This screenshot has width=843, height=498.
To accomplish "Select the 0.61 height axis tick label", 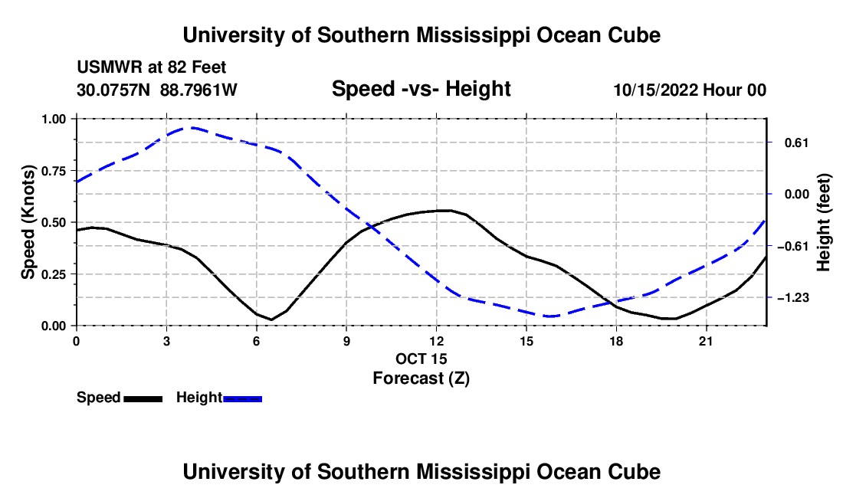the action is pyautogui.click(x=797, y=143).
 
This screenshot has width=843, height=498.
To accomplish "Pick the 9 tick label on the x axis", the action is pyautogui.click(x=346, y=341).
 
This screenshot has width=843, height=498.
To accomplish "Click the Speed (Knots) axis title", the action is pyautogui.click(x=28, y=222).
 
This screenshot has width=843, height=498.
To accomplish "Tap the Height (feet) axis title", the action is pyautogui.click(x=824, y=222).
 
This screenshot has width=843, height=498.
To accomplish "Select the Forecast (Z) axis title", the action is pyautogui.click(x=421, y=378).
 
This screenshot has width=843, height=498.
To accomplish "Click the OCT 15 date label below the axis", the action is pyautogui.click(x=421, y=359).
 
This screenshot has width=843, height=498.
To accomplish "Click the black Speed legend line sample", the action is pyautogui.click(x=143, y=399).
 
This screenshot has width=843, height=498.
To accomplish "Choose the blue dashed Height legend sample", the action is pyautogui.click(x=242, y=399).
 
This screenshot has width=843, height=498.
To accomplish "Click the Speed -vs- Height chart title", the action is pyautogui.click(x=421, y=89).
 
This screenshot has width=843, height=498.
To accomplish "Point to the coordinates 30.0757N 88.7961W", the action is pyautogui.click(x=157, y=90).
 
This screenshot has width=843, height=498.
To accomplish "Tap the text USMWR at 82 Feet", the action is pyautogui.click(x=152, y=67).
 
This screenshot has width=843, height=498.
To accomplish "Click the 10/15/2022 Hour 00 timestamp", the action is pyautogui.click(x=690, y=90).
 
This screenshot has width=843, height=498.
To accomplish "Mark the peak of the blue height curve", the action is pyautogui.click(x=192, y=128).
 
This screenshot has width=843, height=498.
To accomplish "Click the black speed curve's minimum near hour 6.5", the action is pyautogui.click(x=271, y=319).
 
